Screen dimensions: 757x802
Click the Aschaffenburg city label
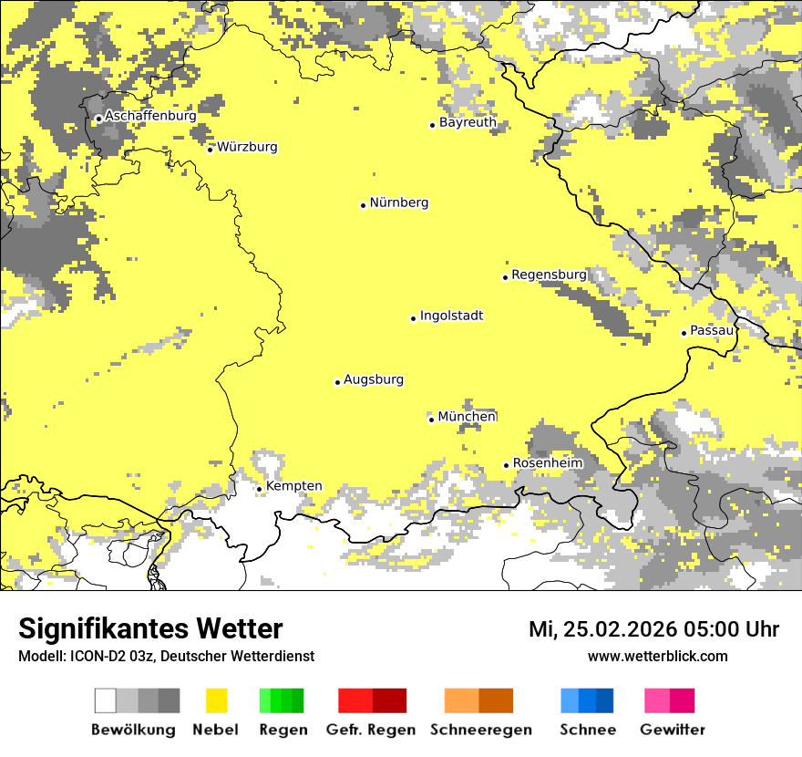pyautogui.click(x=150, y=116)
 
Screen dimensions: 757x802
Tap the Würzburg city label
pyautogui.click(x=247, y=147)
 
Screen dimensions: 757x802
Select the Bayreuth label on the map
pyautogui.click(x=468, y=122)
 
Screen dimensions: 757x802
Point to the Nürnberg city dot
pyautogui.click(x=363, y=205)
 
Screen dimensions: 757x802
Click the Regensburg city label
pyautogui.click(x=549, y=275)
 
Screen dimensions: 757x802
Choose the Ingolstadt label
pyautogui.click(x=451, y=316)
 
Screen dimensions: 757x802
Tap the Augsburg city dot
pyautogui.click(x=337, y=382)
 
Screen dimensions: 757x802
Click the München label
pyautogui.click(x=467, y=417)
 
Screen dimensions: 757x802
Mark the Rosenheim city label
pyautogui.click(x=547, y=463)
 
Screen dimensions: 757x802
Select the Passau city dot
pyautogui.click(x=684, y=333)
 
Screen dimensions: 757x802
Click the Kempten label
pyautogui.click(x=293, y=486)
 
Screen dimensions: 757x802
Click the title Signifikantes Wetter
pyautogui.click(x=150, y=629)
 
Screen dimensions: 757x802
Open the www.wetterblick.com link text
pyautogui.click(x=657, y=656)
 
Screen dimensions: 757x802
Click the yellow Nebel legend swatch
pyautogui.click(x=217, y=700)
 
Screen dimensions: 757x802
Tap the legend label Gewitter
pyautogui.click(x=672, y=730)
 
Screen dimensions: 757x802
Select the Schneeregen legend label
pyautogui.click(x=480, y=730)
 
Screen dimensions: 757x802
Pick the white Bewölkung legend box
pyautogui.click(x=106, y=700)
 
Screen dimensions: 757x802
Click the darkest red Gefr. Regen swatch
pyautogui.click(x=389, y=700)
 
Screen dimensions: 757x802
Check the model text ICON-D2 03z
pyautogui.click(x=109, y=656)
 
